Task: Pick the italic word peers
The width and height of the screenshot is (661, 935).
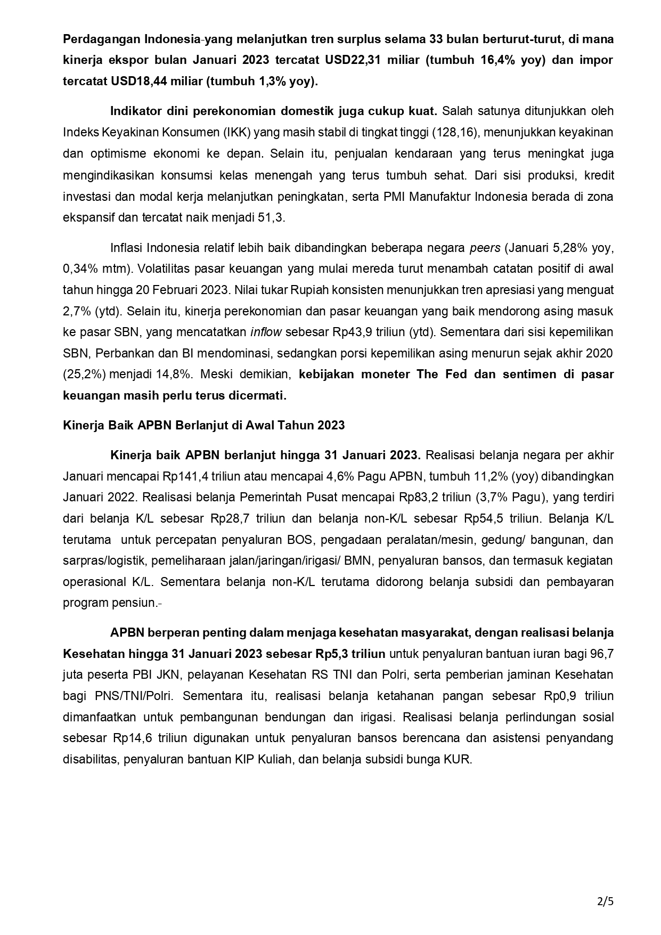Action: (x=485, y=248)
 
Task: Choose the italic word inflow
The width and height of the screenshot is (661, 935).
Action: (x=266, y=332)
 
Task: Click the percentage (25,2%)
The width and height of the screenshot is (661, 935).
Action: (x=85, y=374)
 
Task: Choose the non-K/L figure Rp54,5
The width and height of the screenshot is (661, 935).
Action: (x=484, y=518)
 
